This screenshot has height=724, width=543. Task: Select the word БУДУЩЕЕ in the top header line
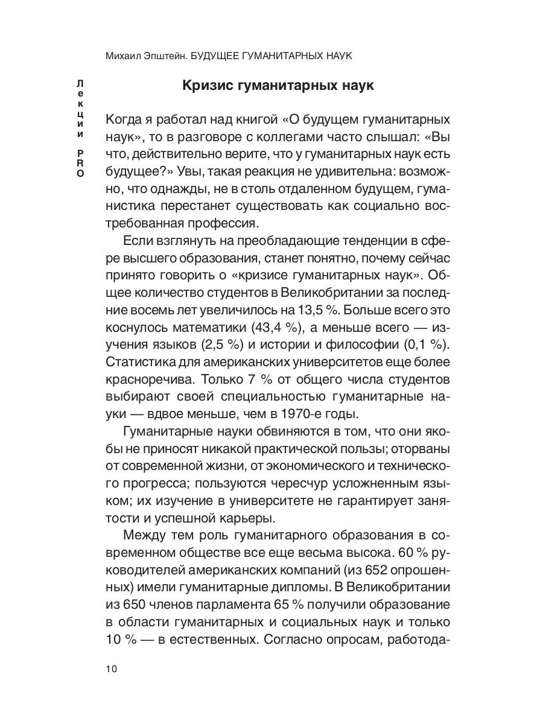coord(218,56)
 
